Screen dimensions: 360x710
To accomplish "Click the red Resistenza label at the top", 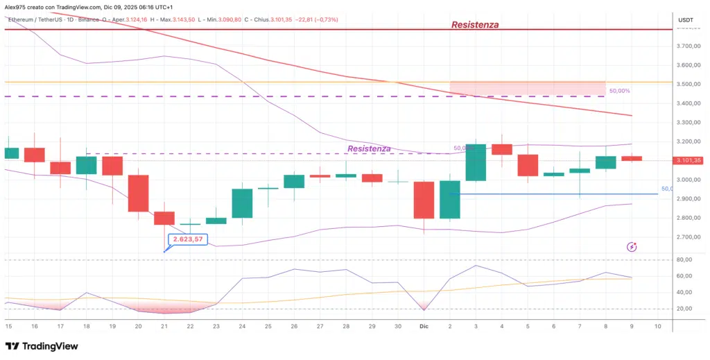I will pyautogui.click(x=474, y=24).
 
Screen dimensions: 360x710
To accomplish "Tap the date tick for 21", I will pyautogui.click(x=164, y=325).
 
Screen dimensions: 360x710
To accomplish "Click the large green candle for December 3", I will pyautogui.click(x=476, y=162).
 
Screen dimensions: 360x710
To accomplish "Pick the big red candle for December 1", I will pyautogui.click(x=424, y=200).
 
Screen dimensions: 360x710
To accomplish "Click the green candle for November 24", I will pyautogui.click(x=242, y=203).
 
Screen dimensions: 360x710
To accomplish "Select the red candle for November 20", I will pyautogui.click(x=138, y=193).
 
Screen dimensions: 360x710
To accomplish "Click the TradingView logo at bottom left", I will pyautogui.click(x=42, y=346).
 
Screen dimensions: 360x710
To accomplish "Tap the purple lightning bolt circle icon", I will pyautogui.click(x=632, y=247).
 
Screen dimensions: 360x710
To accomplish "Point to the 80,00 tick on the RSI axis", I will pyautogui.click(x=685, y=260).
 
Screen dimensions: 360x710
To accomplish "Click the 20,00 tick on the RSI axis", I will pyautogui.click(x=685, y=309).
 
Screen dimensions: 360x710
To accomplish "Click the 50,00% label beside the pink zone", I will pyautogui.click(x=619, y=91).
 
